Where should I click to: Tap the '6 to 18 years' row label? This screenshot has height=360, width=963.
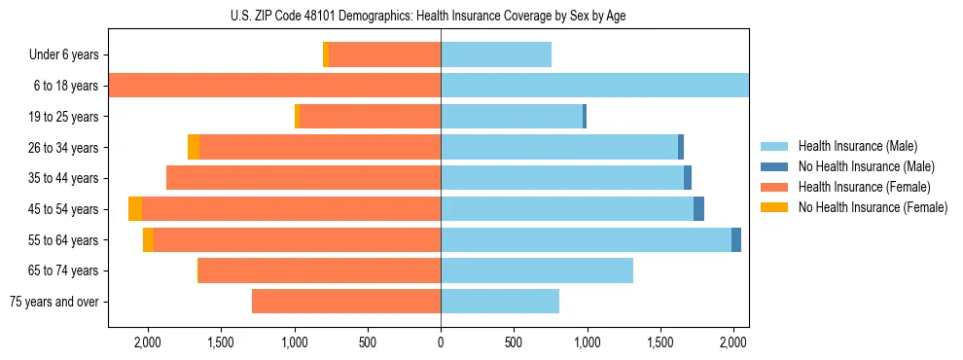pos(66,86)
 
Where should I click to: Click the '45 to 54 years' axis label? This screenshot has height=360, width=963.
pos(63,209)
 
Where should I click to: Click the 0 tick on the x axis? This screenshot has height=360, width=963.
pos(441,342)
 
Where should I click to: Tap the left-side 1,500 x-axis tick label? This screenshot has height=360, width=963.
pos(221,342)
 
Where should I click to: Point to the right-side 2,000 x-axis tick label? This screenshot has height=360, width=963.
pos(733,342)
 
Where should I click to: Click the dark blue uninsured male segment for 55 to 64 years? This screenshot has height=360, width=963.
pos(736,240)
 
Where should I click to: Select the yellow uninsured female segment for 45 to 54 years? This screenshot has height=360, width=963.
pos(135,209)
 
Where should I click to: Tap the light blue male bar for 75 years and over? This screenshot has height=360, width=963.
pos(500,302)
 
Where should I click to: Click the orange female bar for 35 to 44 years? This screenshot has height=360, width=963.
pos(303,178)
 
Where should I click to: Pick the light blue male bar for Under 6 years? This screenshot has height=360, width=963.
pos(496,54)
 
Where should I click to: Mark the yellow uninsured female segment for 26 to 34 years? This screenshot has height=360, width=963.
pos(194,147)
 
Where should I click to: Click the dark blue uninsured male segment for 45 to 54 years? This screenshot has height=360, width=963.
pos(698,209)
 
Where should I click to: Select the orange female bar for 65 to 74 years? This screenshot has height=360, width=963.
pos(319,270)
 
